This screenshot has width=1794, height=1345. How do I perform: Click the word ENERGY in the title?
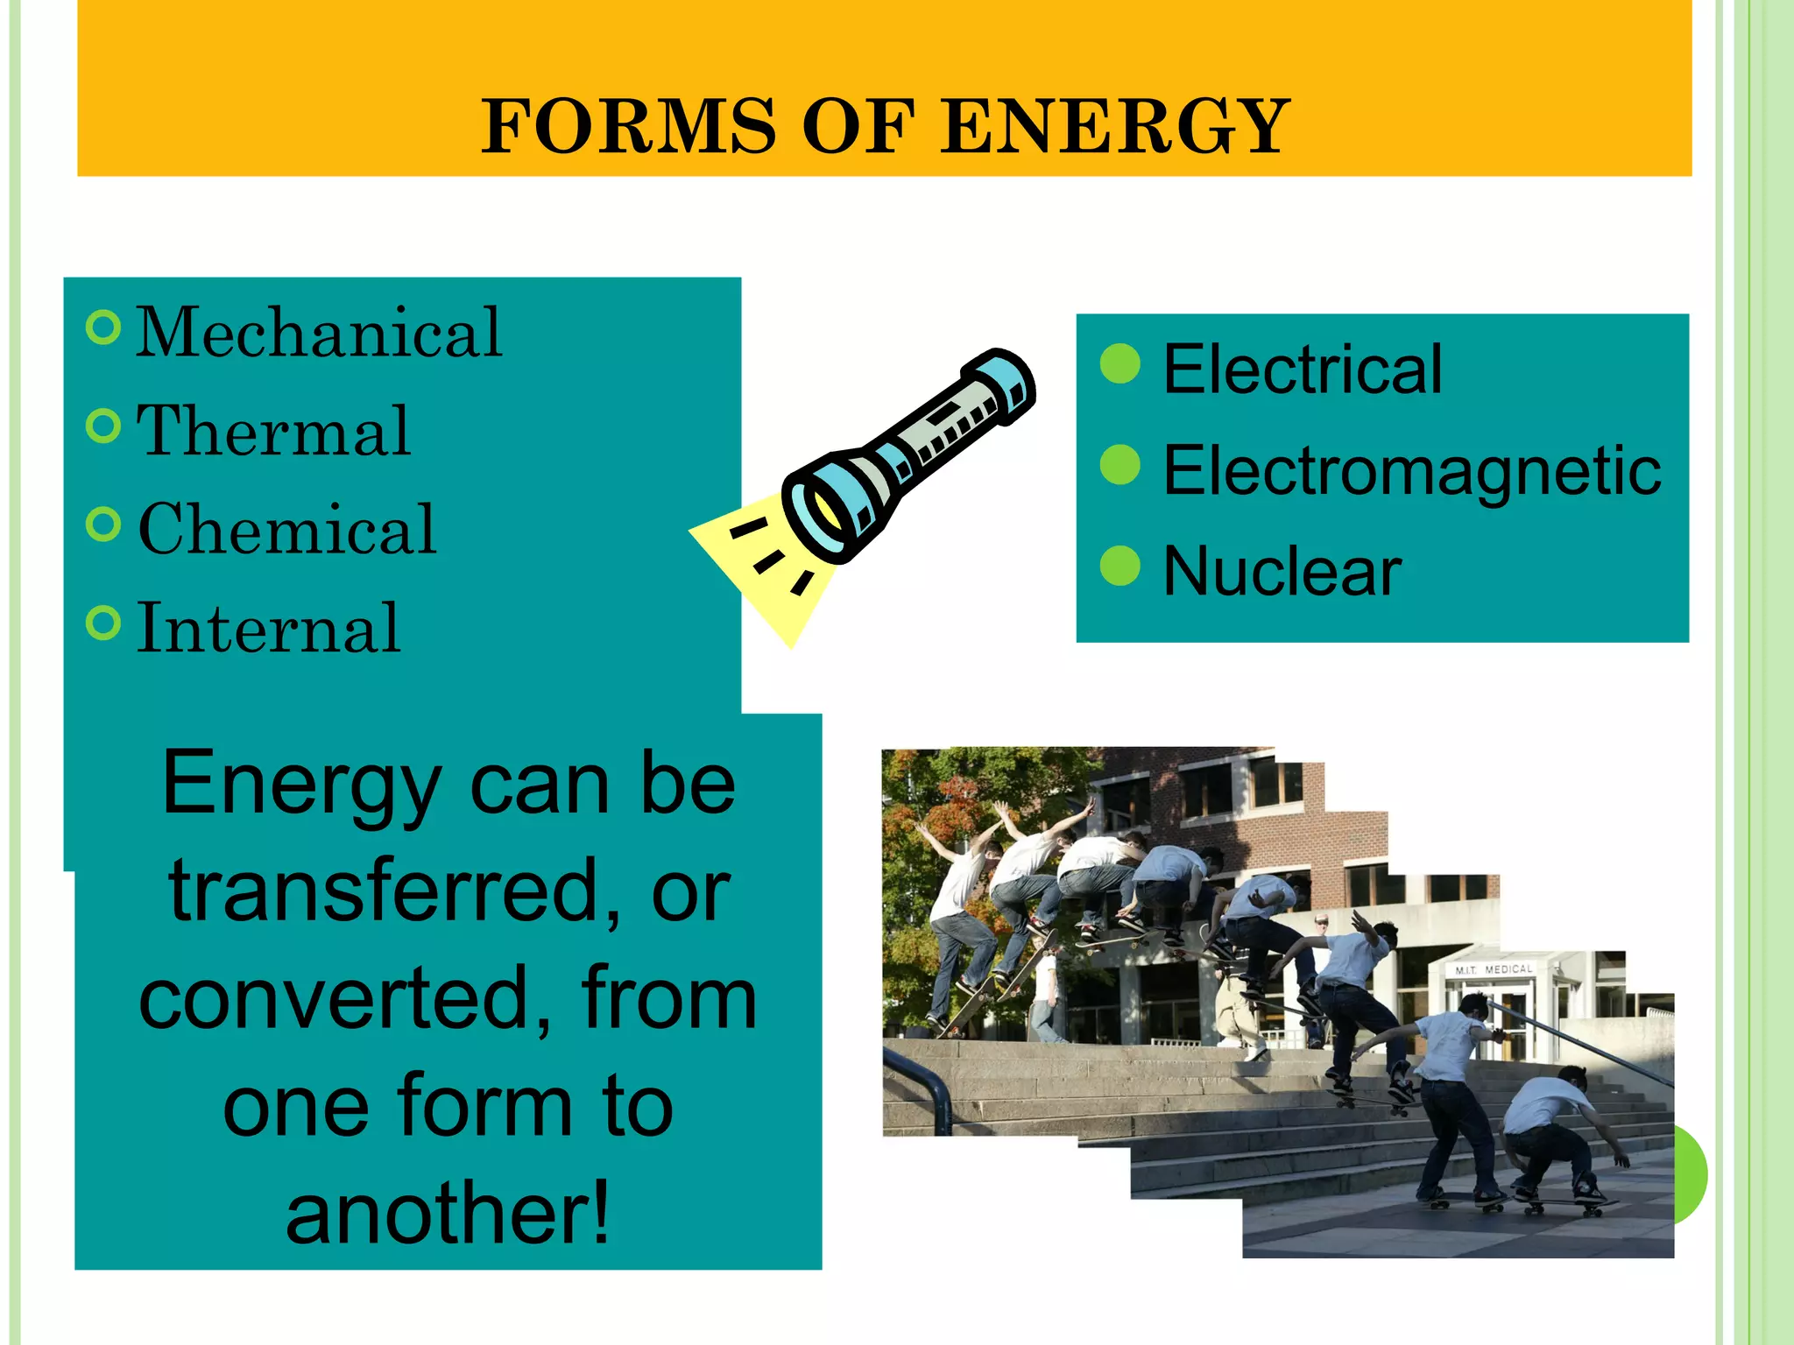(x=1113, y=127)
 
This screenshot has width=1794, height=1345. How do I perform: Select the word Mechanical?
(x=319, y=333)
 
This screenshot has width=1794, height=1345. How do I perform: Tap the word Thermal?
(x=273, y=431)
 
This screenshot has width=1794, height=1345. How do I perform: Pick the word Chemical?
(x=287, y=530)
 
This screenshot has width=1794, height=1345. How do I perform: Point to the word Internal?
(x=269, y=628)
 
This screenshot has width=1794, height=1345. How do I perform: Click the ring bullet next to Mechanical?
(x=103, y=327)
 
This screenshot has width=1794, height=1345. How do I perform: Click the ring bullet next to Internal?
(x=103, y=623)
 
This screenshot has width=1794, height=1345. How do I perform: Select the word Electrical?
(x=1302, y=369)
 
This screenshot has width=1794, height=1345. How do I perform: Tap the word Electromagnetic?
(x=1411, y=470)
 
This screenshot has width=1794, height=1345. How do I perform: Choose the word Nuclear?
(x=1282, y=571)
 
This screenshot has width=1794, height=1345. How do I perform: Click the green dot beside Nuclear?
(x=1119, y=566)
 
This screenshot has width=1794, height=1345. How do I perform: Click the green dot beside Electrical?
(x=1119, y=363)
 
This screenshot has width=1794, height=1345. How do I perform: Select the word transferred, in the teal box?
(x=394, y=890)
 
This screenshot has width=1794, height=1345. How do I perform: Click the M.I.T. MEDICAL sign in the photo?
(x=1494, y=969)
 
